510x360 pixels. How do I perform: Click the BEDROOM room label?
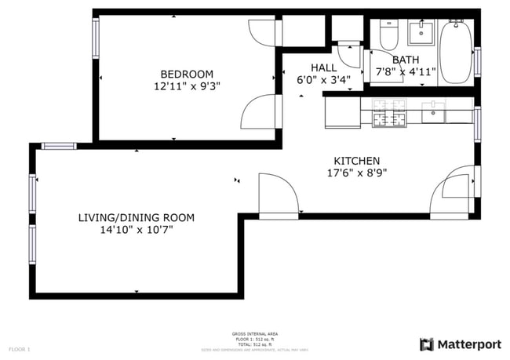point(187,74)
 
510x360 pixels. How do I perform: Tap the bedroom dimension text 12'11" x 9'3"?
point(187,87)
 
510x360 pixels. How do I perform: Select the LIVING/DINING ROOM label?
point(136,217)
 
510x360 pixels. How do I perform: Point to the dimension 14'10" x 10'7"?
point(136,231)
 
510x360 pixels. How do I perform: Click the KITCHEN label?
point(357,160)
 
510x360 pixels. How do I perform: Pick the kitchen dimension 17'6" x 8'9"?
point(357,173)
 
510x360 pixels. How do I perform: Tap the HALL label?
point(323,67)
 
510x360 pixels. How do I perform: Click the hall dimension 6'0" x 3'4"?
point(323,80)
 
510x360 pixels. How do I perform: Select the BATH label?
point(406,60)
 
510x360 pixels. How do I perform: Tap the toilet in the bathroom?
point(388,35)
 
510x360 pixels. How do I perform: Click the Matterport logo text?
point(468,344)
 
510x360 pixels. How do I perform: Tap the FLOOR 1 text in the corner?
point(19,348)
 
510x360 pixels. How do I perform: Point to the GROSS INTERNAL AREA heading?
point(255,334)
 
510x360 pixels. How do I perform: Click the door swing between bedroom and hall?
point(259,114)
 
